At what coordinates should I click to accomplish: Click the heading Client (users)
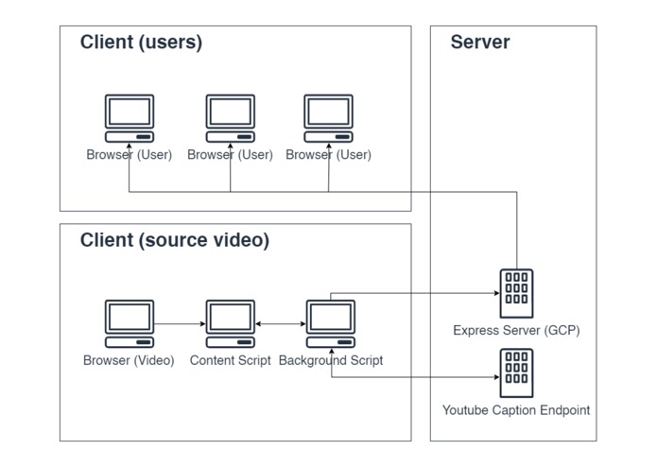pyautogui.click(x=141, y=42)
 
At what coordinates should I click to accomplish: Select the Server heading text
pyautogui.click(x=479, y=42)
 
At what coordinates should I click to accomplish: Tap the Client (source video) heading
pyautogui.click(x=174, y=240)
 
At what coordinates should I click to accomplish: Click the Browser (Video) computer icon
pyautogui.click(x=129, y=324)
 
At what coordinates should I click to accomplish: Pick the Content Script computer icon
pyautogui.click(x=231, y=324)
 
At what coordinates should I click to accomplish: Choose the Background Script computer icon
pyautogui.click(x=330, y=324)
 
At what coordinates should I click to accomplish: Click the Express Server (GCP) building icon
pyautogui.click(x=516, y=292)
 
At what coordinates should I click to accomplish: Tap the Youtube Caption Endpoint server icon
pyautogui.click(x=516, y=372)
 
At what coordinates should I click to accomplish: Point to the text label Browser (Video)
pyautogui.click(x=129, y=360)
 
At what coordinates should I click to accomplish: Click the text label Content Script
pyautogui.click(x=230, y=360)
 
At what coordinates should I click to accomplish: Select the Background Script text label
pyautogui.click(x=331, y=360)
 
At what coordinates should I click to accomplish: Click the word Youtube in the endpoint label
pyautogui.click(x=466, y=410)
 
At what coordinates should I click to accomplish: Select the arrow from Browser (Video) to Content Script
pyautogui.click(x=180, y=324)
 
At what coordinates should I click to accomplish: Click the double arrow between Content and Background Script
pyautogui.click(x=280, y=324)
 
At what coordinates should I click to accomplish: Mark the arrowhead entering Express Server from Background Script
pyautogui.click(x=494, y=293)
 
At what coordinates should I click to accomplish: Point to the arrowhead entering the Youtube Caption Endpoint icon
pyautogui.click(x=494, y=378)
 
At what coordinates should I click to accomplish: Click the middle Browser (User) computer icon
pyautogui.click(x=231, y=118)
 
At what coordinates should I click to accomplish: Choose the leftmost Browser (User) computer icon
pyautogui.click(x=129, y=118)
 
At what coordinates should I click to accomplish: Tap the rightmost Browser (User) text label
pyautogui.click(x=328, y=155)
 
